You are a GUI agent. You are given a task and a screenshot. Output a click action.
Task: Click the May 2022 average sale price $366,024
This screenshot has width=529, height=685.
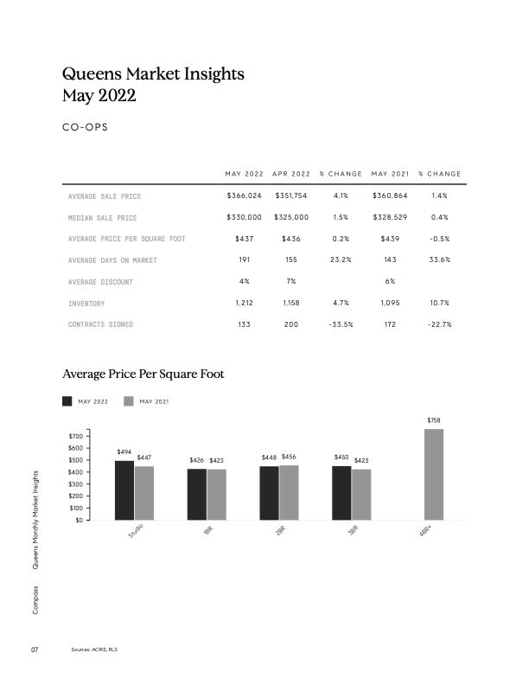pos(244,196)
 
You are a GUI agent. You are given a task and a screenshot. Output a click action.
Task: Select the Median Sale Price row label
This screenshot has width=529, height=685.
pos(102,218)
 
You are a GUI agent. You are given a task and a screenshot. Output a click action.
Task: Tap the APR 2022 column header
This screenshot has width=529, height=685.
pos(291,175)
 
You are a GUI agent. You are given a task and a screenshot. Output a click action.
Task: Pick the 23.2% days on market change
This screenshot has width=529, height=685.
pos(340,260)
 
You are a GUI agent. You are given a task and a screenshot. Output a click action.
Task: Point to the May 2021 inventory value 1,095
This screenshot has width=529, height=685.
pos(389,303)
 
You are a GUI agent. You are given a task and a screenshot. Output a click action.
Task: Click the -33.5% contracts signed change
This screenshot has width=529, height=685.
pos(340,324)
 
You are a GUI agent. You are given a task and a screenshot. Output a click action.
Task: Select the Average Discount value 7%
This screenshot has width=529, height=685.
pos(291,282)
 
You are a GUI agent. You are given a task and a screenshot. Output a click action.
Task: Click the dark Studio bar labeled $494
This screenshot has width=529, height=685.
pos(124,490)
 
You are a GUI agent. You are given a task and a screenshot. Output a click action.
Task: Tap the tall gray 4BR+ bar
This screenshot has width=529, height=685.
pos(434,474)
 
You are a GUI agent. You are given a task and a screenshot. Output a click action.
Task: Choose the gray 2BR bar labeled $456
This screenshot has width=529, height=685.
pos(289,493)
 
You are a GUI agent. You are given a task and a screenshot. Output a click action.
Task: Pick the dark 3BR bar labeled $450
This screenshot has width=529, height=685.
pos(341,493)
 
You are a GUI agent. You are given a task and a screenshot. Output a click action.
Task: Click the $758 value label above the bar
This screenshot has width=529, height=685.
pos(434,420)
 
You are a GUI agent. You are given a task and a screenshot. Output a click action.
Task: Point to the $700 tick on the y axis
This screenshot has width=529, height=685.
pos(75,436)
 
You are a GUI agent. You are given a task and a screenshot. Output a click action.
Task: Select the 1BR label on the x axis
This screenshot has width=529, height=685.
pos(207,531)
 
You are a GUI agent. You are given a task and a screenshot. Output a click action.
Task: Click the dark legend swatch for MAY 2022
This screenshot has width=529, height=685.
pos(68,401)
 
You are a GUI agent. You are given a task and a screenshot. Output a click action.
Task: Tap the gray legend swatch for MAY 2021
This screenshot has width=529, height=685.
pos(130,401)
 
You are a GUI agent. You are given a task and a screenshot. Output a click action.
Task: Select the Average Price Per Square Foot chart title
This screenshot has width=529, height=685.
pos(143,375)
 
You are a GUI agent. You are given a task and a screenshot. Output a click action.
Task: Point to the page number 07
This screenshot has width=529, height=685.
pos(35,650)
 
